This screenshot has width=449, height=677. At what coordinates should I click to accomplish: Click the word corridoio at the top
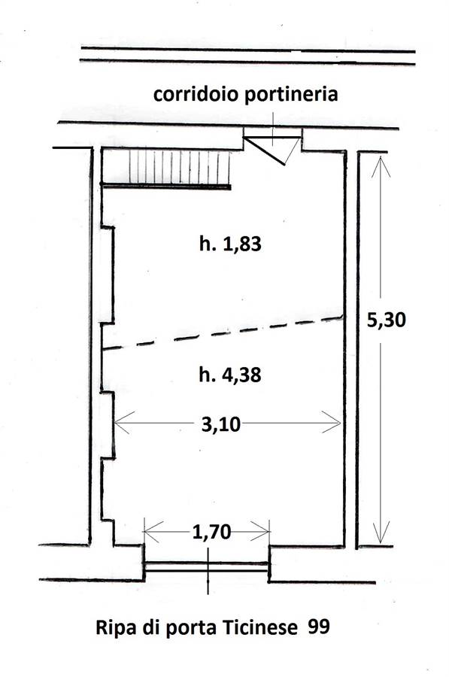196,94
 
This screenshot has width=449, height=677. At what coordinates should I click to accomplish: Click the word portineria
291,95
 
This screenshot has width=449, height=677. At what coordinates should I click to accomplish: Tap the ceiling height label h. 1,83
231,244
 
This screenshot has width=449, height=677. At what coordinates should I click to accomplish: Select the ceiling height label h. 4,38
230,375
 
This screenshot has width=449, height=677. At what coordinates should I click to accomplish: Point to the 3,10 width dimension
221,424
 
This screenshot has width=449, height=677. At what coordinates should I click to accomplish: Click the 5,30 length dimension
386,320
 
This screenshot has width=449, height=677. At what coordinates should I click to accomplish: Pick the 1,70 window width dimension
211,532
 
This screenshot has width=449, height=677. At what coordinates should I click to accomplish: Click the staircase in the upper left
166,168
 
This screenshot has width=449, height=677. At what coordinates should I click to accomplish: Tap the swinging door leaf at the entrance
264,151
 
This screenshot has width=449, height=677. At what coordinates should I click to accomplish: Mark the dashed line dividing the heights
223,333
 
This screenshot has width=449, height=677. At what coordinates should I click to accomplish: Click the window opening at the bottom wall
207,567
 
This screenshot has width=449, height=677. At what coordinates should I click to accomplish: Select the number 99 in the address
319,627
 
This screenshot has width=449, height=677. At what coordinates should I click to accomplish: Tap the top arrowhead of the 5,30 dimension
380,166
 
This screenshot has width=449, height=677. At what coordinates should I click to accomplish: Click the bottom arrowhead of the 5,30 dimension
380,533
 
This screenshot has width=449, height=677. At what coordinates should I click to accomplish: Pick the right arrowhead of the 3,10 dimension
332,422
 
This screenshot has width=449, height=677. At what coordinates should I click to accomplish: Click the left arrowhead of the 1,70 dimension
153,532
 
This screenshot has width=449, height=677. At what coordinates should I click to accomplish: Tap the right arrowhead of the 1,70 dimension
260,532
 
